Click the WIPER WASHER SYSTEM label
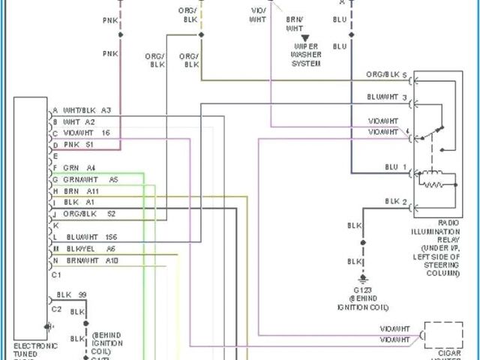click(x=306, y=55)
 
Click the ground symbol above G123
click(x=363, y=276)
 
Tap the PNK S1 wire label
click(x=79, y=143)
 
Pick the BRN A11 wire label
click(x=82, y=191)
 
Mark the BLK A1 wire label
click(x=79, y=202)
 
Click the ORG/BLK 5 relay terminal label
click(x=386, y=76)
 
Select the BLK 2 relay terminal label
click(x=396, y=201)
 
